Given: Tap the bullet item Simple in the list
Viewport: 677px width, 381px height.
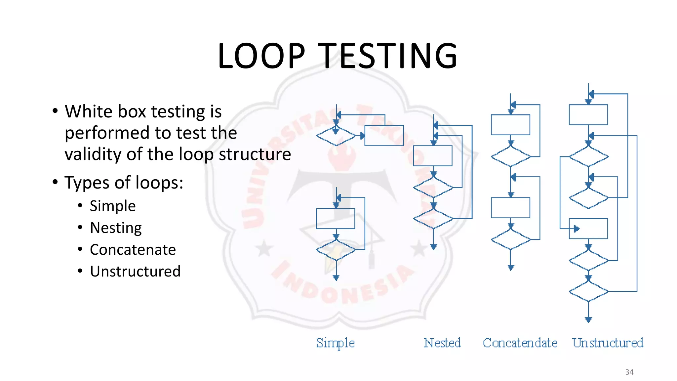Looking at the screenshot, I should point(113,206).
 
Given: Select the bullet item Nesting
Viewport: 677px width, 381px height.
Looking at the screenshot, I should point(116,228).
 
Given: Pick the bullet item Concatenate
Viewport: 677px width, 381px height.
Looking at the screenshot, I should point(133,250).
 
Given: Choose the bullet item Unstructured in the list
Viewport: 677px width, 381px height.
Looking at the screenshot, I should point(135,272).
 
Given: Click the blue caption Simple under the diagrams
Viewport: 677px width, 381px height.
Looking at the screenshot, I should point(335,343).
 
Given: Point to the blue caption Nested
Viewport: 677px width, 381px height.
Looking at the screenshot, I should point(442,343).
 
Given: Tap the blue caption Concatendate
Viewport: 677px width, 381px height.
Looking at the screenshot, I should point(520,343).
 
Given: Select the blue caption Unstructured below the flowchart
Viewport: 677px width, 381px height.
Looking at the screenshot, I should point(608,343).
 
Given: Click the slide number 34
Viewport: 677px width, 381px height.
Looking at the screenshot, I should point(629,372).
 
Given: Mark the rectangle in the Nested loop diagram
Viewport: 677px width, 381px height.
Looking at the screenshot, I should point(433,156).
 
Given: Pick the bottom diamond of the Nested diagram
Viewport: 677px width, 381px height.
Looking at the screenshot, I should point(433,219).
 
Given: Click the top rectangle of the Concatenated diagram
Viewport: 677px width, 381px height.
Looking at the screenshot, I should point(510,125).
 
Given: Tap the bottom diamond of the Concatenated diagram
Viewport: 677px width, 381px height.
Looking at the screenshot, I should point(511,239).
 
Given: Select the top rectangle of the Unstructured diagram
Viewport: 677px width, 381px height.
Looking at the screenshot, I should point(588,115).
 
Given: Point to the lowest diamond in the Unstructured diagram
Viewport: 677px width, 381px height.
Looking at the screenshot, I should point(588,291).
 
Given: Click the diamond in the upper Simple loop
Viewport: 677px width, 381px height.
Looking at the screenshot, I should point(336,136).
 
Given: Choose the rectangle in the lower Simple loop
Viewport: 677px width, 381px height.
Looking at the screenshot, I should point(336,219).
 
